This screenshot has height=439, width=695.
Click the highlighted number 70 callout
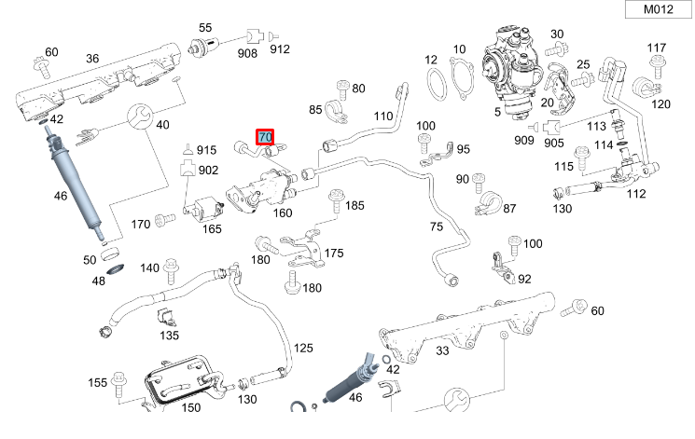point(265,138)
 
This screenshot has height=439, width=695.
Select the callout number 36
point(91,59)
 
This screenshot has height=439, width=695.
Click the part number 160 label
point(282,213)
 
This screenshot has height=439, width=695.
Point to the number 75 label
point(436,226)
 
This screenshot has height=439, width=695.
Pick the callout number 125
point(304,348)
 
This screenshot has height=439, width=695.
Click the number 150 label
point(191,407)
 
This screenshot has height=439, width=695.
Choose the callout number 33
point(441,350)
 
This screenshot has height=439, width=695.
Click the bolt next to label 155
point(120,381)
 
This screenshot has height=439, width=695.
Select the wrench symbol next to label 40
point(137,117)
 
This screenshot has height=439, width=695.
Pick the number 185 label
point(355,205)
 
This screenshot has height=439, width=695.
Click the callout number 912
point(280,48)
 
